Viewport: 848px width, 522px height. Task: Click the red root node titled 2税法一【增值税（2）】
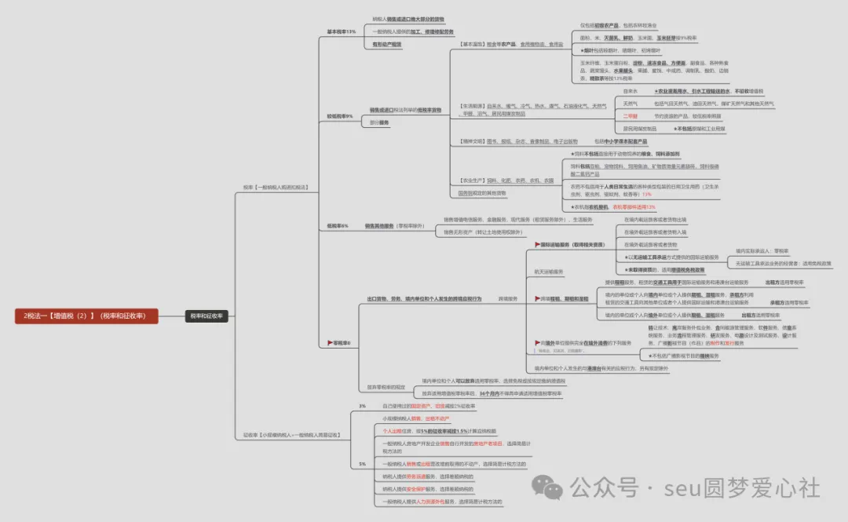click(x=86, y=316)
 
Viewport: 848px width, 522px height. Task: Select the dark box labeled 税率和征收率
click(x=206, y=316)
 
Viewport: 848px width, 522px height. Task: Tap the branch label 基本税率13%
click(x=341, y=32)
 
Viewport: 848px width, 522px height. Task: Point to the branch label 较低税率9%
click(x=340, y=116)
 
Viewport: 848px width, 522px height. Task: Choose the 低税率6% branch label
click(x=338, y=226)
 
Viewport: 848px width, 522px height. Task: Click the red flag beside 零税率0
click(x=330, y=343)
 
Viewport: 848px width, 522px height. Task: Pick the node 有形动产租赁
click(x=386, y=45)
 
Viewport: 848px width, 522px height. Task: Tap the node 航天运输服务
click(x=549, y=271)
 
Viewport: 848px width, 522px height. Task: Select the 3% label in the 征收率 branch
click(x=362, y=406)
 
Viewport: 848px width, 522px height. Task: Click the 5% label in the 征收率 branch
click(x=362, y=464)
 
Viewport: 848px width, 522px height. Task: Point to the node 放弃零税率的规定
click(x=386, y=387)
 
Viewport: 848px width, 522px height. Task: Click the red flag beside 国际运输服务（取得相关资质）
click(x=538, y=245)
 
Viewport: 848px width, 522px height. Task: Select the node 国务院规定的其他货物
click(x=482, y=192)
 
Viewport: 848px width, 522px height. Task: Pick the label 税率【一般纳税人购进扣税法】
click(x=276, y=187)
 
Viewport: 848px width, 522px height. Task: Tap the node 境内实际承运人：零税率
click(x=761, y=250)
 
